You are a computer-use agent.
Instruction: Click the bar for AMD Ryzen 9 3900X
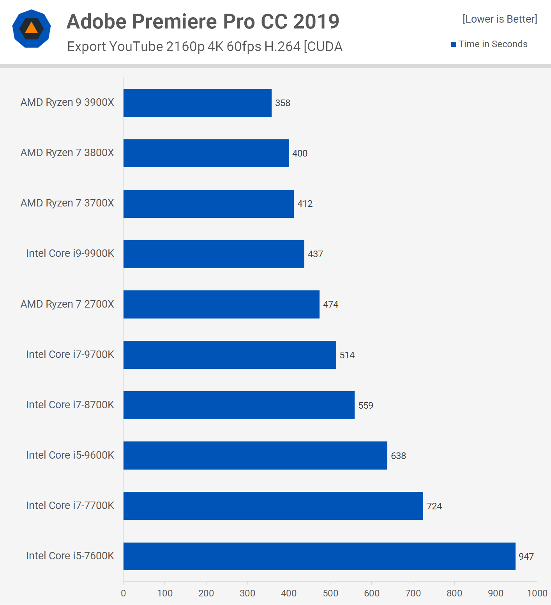(x=197, y=103)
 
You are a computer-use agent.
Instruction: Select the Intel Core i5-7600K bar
(x=319, y=556)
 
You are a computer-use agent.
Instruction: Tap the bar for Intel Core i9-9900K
(x=214, y=254)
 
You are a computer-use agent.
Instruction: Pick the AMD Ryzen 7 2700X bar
(x=221, y=304)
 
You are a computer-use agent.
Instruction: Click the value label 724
(x=434, y=506)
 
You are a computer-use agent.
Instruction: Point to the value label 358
(x=283, y=103)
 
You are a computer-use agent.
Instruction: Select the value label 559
(x=366, y=406)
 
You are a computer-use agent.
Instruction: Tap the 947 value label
(x=526, y=557)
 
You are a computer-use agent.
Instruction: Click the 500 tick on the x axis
(x=330, y=593)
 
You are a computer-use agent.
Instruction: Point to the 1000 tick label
(x=537, y=593)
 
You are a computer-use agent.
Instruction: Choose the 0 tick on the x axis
(x=124, y=593)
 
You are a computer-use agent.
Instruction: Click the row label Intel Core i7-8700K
(x=70, y=405)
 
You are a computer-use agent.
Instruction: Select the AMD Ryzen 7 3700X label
(x=67, y=203)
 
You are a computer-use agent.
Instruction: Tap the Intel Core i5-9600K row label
(x=70, y=455)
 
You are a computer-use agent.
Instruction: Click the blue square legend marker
(x=454, y=44)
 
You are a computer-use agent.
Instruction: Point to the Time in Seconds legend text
(x=493, y=44)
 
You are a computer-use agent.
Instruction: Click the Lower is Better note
(x=500, y=19)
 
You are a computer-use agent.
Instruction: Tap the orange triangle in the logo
(x=32, y=28)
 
